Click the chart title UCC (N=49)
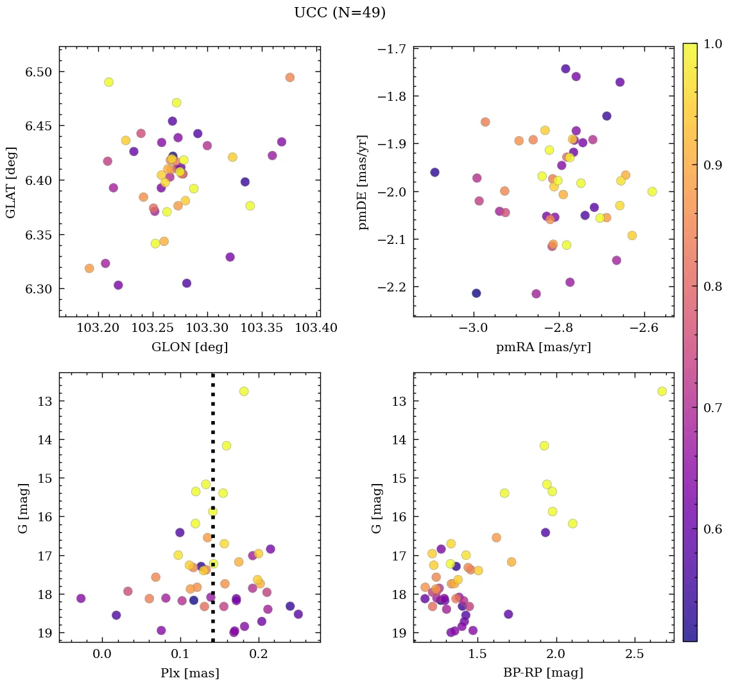tap(339, 13)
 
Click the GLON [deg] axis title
tap(189, 347)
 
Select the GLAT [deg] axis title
tap(12, 182)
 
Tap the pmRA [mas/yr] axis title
tap(543, 347)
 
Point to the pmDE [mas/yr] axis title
tap(363, 182)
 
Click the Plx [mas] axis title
tap(189, 673)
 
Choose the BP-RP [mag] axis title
tap(543, 673)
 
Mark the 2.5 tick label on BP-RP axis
tap(634, 654)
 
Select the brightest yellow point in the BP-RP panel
tap(662, 391)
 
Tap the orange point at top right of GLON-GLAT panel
tap(289, 78)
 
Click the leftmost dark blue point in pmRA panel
tap(434, 172)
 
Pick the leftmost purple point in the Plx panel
tap(81, 598)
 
